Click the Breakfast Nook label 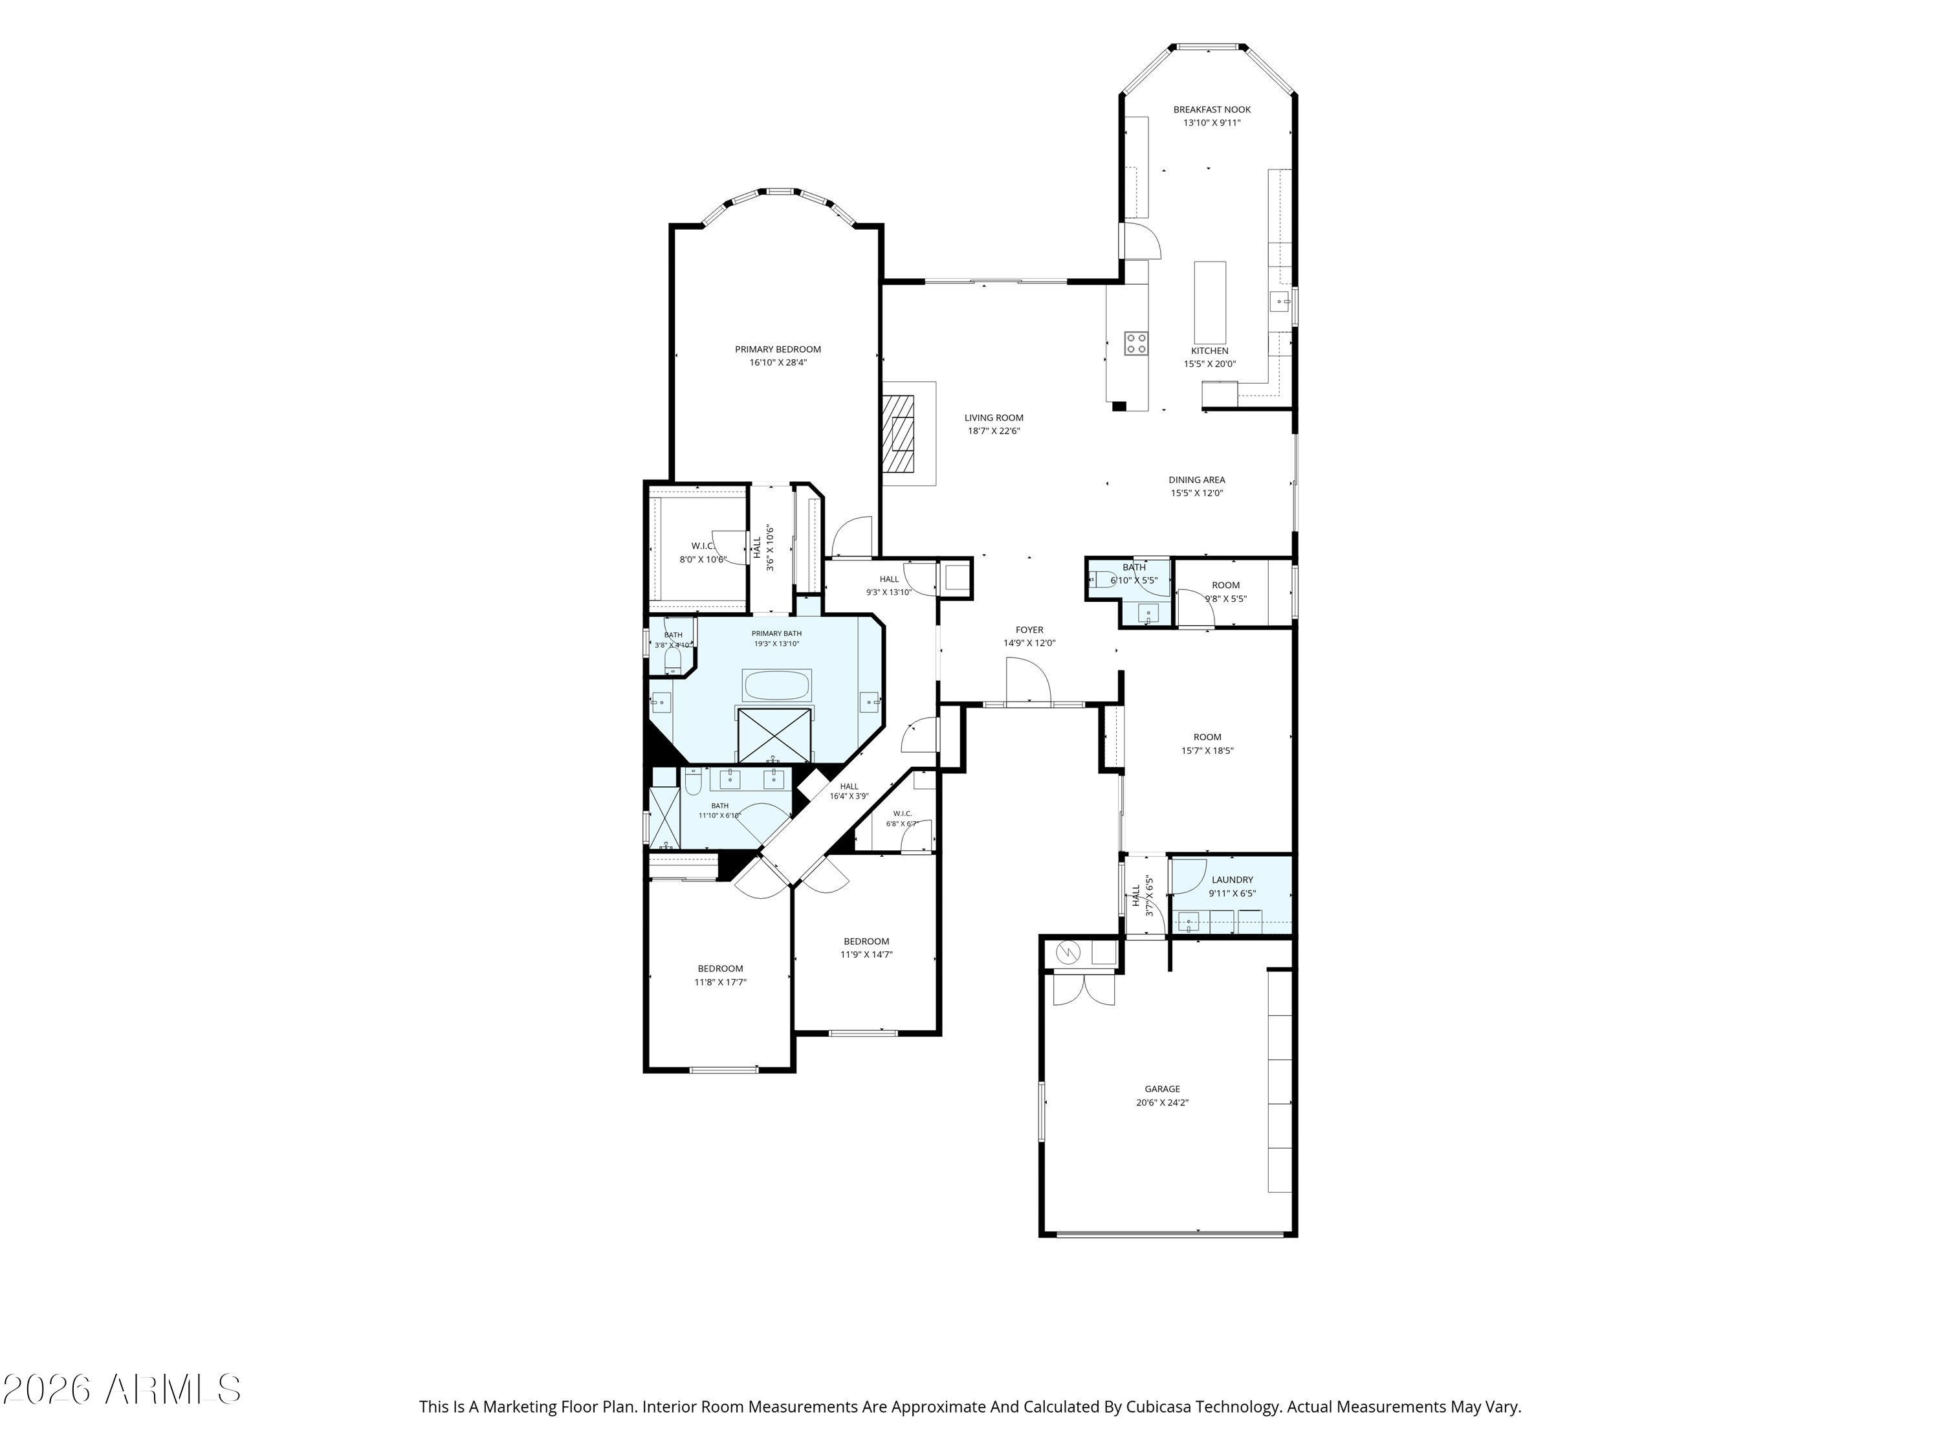pos(1212,110)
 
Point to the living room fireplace pos(899,434)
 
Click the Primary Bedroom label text pos(778,349)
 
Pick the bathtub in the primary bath pos(776,685)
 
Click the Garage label pos(1163,1089)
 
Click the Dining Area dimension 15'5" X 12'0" pos(1197,493)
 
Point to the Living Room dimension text pos(994,431)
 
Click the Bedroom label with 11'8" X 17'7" pos(720,969)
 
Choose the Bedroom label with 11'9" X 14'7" pos(867,942)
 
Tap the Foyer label pos(1030,630)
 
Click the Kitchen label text pos(1210,351)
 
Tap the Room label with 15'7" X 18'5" pos(1207,737)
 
